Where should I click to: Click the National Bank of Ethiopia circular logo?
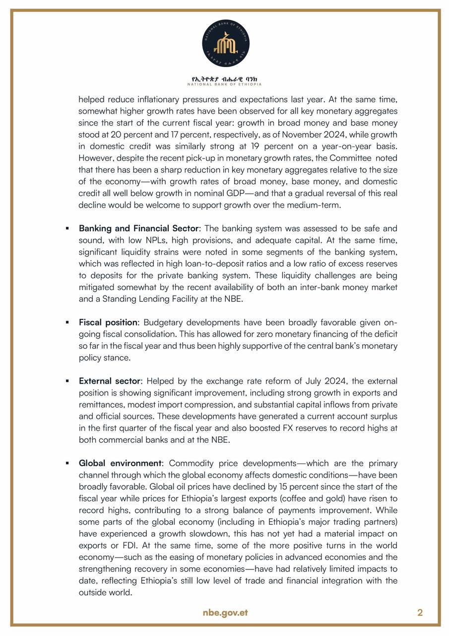pyautogui.click(x=226, y=44)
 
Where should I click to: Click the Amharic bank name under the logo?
pyautogui.click(x=226, y=79)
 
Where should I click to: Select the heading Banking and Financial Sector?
pyautogui.click(x=138, y=229)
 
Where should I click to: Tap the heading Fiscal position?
pyautogui.click(x=108, y=322)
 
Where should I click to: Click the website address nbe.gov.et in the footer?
pyautogui.click(x=225, y=612)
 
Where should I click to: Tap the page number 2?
pyautogui.click(x=420, y=612)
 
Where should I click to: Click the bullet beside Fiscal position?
pyautogui.click(x=67, y=322)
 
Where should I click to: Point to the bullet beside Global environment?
pyautogui.click(x=67, y=463)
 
